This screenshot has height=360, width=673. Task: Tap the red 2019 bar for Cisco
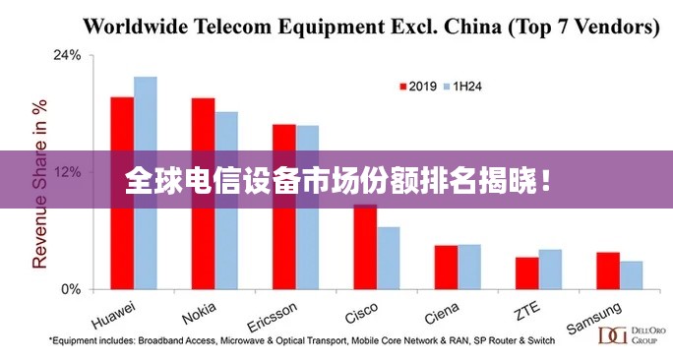pyautogui.click(x=365, y=247)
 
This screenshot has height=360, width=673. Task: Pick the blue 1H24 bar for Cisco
pyautogui.click(x=389, y=258)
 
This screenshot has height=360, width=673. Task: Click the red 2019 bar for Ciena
pyautogui.click(x=446, y=267)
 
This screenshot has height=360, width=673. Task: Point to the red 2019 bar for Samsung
pyautogui.click(x=608, y=270)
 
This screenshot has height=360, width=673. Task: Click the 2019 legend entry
pyautogui.click(x=417, y=87)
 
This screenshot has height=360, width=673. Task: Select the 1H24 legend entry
pyautogui.click(x=462, y=87)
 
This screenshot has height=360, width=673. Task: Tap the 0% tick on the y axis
pyautogui.click(x=70, y=289)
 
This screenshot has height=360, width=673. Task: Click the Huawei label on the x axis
pyautogui.click(x=113, y=314)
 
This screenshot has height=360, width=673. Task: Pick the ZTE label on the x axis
pyautogui.click(x=526, y=311)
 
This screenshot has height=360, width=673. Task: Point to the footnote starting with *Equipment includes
pyautogui.click(x=301, y=340)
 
